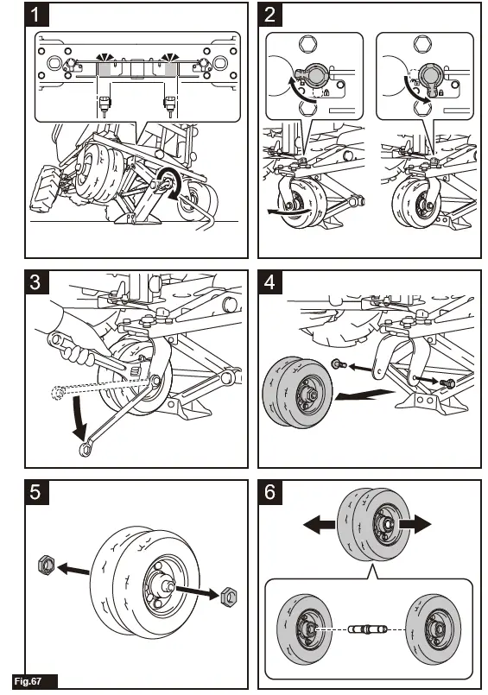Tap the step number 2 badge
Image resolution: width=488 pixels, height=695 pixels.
pos(270,15)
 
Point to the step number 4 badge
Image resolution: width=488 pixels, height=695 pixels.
pos(270,282)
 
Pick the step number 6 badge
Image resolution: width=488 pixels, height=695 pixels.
pos(270,492)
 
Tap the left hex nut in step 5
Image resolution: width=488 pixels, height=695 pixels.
pos(48,565)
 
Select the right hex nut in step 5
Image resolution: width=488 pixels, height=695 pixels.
pos(230,597)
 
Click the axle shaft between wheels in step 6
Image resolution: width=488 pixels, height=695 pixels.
pos(367,629)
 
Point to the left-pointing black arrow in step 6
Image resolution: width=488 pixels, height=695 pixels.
pos(319,524)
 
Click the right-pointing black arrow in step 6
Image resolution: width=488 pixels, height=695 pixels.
pos(415,524)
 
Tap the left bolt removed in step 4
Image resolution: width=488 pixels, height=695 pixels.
pos(339,364)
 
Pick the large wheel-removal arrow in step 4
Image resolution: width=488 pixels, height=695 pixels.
pos(364,394)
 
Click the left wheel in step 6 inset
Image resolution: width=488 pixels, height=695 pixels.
pos(305,629)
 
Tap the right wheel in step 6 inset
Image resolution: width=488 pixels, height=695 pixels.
pos(433,629)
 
